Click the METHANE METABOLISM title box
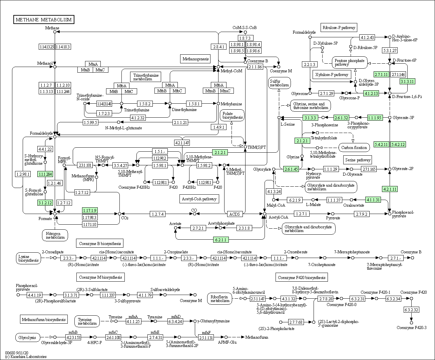coord(44,20)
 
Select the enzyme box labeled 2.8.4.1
coord(218,47)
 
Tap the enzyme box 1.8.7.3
coord(245,38)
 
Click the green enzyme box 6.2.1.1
coord(221,240)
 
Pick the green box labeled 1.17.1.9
coord(89,210)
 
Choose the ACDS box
coord(235,214)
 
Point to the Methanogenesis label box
coord(195,59)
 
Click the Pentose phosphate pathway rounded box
coord(349,63)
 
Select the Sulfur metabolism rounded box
coord(279,83)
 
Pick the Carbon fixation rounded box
coord(354,147)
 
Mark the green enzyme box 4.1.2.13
coord(371,93)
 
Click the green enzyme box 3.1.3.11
coord(407,81)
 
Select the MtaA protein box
coord(93,64)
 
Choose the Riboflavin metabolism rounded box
coord(220,299)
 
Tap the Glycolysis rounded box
coord(28,338)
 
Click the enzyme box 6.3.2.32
coord(411,310)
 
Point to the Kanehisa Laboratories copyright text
coord(26,357)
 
